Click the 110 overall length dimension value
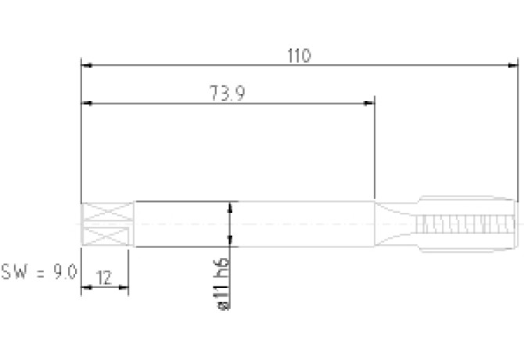(x=299, y=56)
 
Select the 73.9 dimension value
(x=228, y=93)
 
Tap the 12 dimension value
(x=104, y=278)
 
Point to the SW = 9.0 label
(x=39, y=272)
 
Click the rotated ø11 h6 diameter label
(x=223, y=284)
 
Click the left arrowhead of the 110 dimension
(x=87, y=66)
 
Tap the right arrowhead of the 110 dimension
(x=513, y=66)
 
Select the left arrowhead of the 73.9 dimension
(x=87, y=103)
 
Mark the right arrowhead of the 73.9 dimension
(x=369, y=103)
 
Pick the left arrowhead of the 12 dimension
(x=87, y=287)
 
